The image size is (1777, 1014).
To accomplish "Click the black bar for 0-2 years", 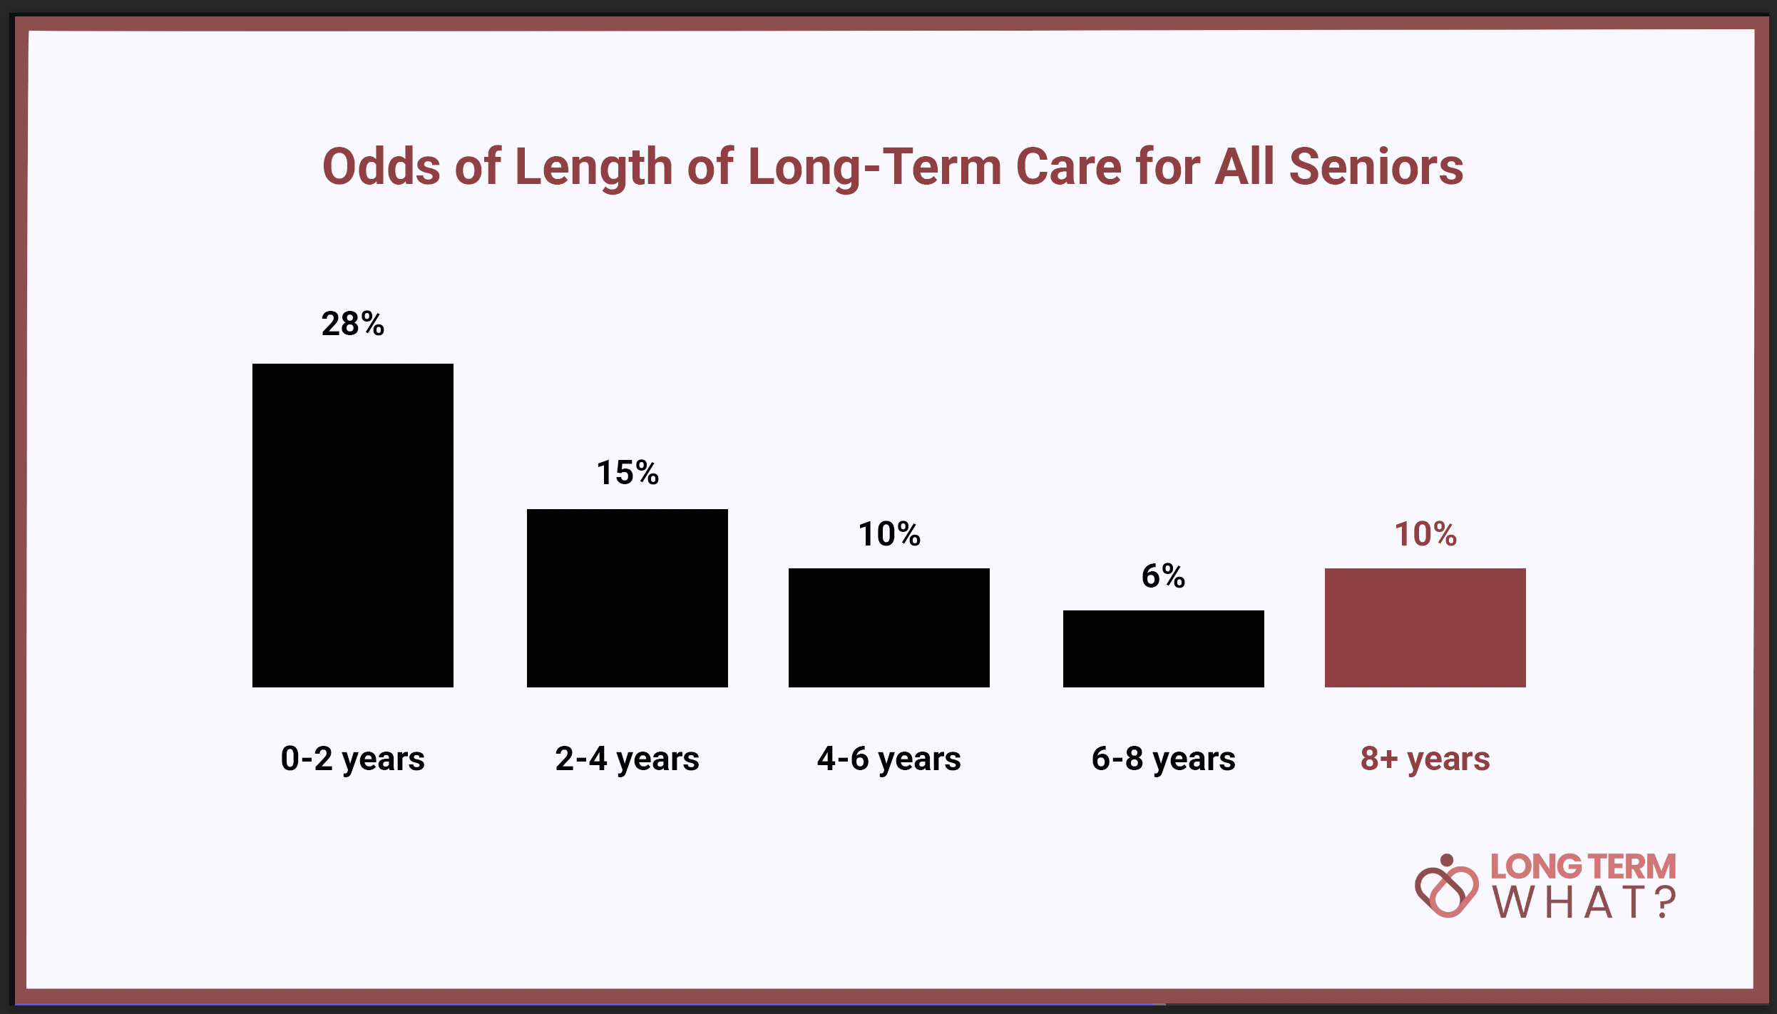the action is [x=353, y=526].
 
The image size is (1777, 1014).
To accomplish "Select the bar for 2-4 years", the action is [x=628, y=598].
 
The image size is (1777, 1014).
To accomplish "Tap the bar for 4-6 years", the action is [x=889, y=628].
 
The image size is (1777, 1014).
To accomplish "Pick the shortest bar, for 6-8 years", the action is [x=1164, y=649].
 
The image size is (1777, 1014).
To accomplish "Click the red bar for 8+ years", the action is [x=1425, y=628].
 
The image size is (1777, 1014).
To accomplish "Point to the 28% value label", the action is [x=353, y=324].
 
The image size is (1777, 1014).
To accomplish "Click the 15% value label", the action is [x=628, y=473].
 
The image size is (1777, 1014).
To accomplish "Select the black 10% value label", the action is [x=889, y=534].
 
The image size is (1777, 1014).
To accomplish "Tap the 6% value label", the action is [x=1164, y=576].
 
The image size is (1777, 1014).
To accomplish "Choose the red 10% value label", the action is [x=1425, y=534].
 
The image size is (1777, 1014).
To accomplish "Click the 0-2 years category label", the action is [x=353, y=759].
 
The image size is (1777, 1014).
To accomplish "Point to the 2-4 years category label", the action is [x=628, y=759].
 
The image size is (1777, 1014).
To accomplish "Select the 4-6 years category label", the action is [x=889, y=759].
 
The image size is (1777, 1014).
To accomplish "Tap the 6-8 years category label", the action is [x=1164, y=759].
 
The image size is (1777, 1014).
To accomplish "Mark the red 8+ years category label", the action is [x=1425, y=759].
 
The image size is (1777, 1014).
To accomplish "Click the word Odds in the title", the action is [x=381, y=167].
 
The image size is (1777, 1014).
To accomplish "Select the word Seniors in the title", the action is [x=1376, y=167].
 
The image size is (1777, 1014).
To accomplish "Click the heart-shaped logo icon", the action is [x=1447, y=886].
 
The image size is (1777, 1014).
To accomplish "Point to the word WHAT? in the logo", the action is [x=1584, y=902].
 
